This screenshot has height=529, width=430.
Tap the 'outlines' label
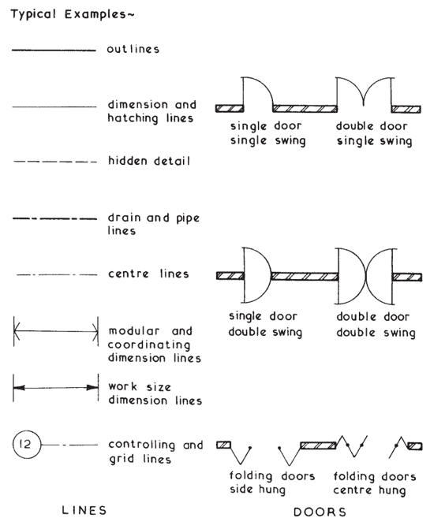pos(133,49)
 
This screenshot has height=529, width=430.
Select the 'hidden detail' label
pos(149,161)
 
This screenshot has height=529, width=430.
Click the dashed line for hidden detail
pos(55,162)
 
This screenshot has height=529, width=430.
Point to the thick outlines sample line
pos(54,50)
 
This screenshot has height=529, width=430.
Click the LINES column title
pos(84,510)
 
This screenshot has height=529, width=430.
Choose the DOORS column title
pos(320,512)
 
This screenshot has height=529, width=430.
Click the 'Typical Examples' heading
pos(73,14)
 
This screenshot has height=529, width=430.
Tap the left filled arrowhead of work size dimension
pos(19,388)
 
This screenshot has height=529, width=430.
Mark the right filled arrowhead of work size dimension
pos(92,388)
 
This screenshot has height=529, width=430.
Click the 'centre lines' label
pos(148,274)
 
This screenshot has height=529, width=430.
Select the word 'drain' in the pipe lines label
pos(124,218)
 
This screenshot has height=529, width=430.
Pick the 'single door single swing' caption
pos(268,133)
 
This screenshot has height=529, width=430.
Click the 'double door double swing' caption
pos(376,325)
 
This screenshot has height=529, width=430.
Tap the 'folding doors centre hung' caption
pos(375,483)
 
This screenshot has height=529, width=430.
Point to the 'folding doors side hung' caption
pos(272,482)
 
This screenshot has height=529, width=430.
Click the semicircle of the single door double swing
pos(271,275)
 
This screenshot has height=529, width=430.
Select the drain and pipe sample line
pos(55,218)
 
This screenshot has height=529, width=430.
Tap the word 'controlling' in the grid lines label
pos(142,445)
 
